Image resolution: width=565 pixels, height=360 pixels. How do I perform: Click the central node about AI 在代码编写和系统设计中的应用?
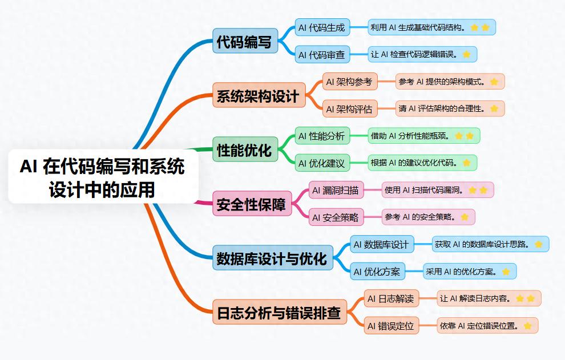point(103,176)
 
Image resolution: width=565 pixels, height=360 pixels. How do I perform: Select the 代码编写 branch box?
point(245,41)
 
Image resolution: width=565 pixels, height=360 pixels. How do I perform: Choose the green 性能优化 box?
point(245,149)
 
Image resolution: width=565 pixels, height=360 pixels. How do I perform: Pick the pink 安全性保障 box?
point(252,204)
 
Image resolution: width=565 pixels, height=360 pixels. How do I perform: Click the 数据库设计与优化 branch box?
point(272,258)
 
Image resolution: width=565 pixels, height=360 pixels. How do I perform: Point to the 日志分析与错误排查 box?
point(279,312)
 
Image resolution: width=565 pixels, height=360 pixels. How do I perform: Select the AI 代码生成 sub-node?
point(322,27)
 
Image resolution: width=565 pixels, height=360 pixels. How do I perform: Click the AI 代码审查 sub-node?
point(322,55)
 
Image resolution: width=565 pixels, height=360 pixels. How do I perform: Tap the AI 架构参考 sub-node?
point(349,82)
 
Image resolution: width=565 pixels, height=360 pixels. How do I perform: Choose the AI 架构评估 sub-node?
point(349,108)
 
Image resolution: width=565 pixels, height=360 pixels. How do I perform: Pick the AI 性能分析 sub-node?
point(322,136)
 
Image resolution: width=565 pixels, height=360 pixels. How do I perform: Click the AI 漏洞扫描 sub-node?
point(336,190)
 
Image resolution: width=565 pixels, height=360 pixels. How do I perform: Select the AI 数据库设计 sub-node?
point(381,244)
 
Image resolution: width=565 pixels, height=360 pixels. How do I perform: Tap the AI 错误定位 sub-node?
point(390,326)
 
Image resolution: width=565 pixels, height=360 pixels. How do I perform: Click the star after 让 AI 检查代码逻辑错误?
point(466,55)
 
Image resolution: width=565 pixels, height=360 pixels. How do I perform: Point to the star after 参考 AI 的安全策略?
point(464,217)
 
